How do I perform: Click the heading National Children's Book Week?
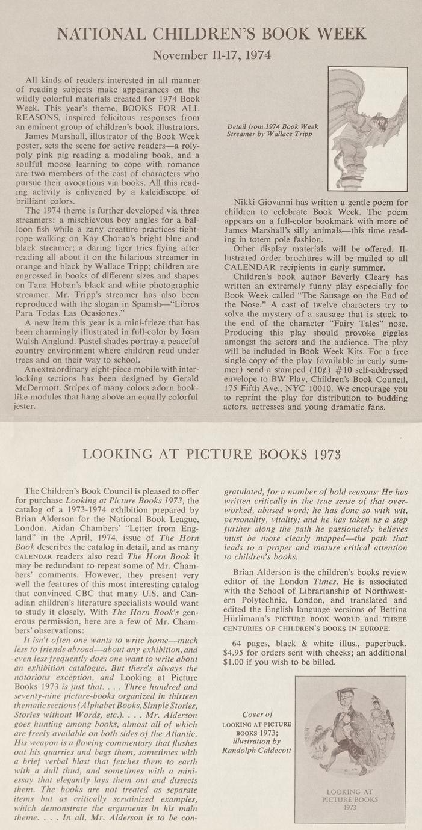tap(211, 34)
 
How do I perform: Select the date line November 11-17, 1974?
tap(211, 55)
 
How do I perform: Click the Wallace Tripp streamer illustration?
tap(367, 129)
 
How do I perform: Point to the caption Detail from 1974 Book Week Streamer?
tap(273, 131)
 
